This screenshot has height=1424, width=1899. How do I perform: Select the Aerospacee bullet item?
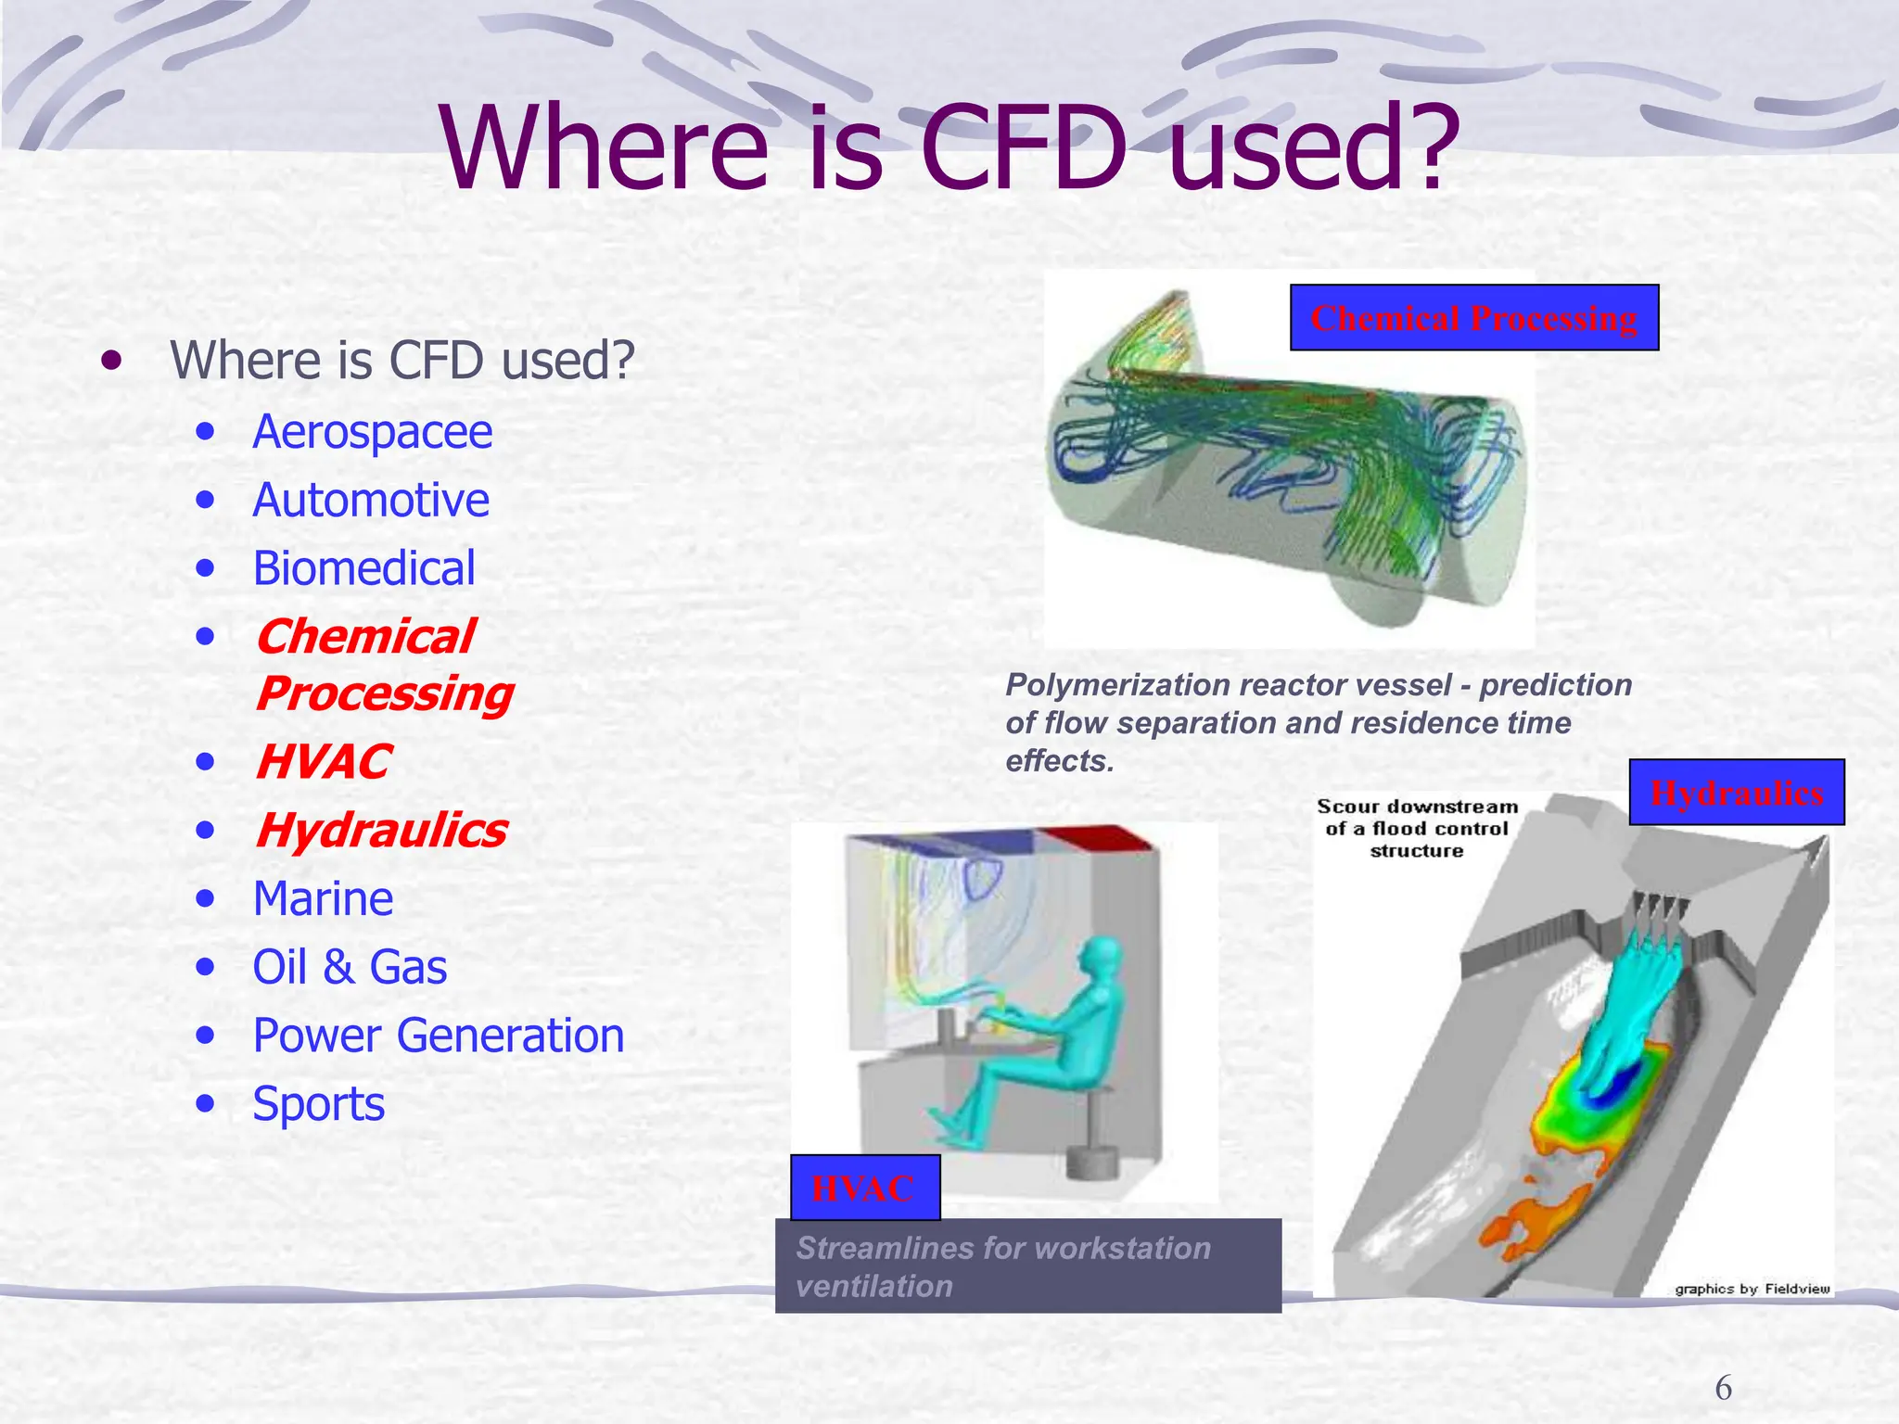(x=372, y=432)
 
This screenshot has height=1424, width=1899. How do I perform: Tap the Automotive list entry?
(x=370, y=501)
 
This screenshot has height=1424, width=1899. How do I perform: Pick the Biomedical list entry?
(x=363, y=568)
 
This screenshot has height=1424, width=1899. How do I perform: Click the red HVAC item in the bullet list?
(x=323, y=762)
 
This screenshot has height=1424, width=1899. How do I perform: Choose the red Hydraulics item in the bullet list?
(x=380, y=831)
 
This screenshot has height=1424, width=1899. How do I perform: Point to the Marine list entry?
(x=323, y=899)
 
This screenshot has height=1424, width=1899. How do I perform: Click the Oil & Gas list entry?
(x=350, y=967)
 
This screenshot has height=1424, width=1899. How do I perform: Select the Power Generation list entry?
(x=438, y=1036)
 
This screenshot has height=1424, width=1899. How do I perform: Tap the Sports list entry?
(x=318, y=1104)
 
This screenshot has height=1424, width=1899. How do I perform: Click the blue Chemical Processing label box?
(x=1473, y=318)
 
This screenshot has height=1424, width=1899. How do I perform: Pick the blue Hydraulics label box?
(x=1736, y=793)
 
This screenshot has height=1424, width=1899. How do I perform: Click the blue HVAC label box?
(x=864, y=1188)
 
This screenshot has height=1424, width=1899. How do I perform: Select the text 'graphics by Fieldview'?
(x=1752, y=1289)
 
